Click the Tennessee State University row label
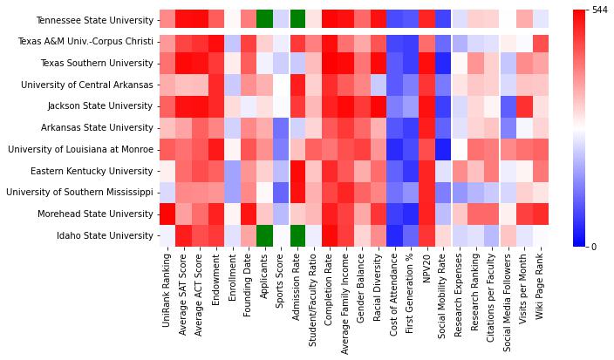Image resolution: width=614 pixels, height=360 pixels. pos(95,19)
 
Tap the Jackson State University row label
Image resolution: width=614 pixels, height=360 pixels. pos(101,106)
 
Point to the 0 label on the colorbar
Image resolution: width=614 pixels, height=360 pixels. pos(594,247)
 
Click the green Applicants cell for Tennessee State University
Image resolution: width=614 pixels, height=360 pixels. pos(264,19)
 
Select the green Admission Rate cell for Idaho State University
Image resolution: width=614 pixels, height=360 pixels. pos(297,235)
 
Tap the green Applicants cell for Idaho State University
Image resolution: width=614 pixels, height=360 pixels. pos(264,235)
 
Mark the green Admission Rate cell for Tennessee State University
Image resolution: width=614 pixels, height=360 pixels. pos(297,19)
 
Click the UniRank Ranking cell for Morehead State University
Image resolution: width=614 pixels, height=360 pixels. pos(167,214)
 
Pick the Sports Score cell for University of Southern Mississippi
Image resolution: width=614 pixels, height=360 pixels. pos(281,192)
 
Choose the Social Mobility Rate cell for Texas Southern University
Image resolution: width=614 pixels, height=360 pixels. pos(443,63)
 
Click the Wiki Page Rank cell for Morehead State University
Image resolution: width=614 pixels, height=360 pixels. pos(541,214)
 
